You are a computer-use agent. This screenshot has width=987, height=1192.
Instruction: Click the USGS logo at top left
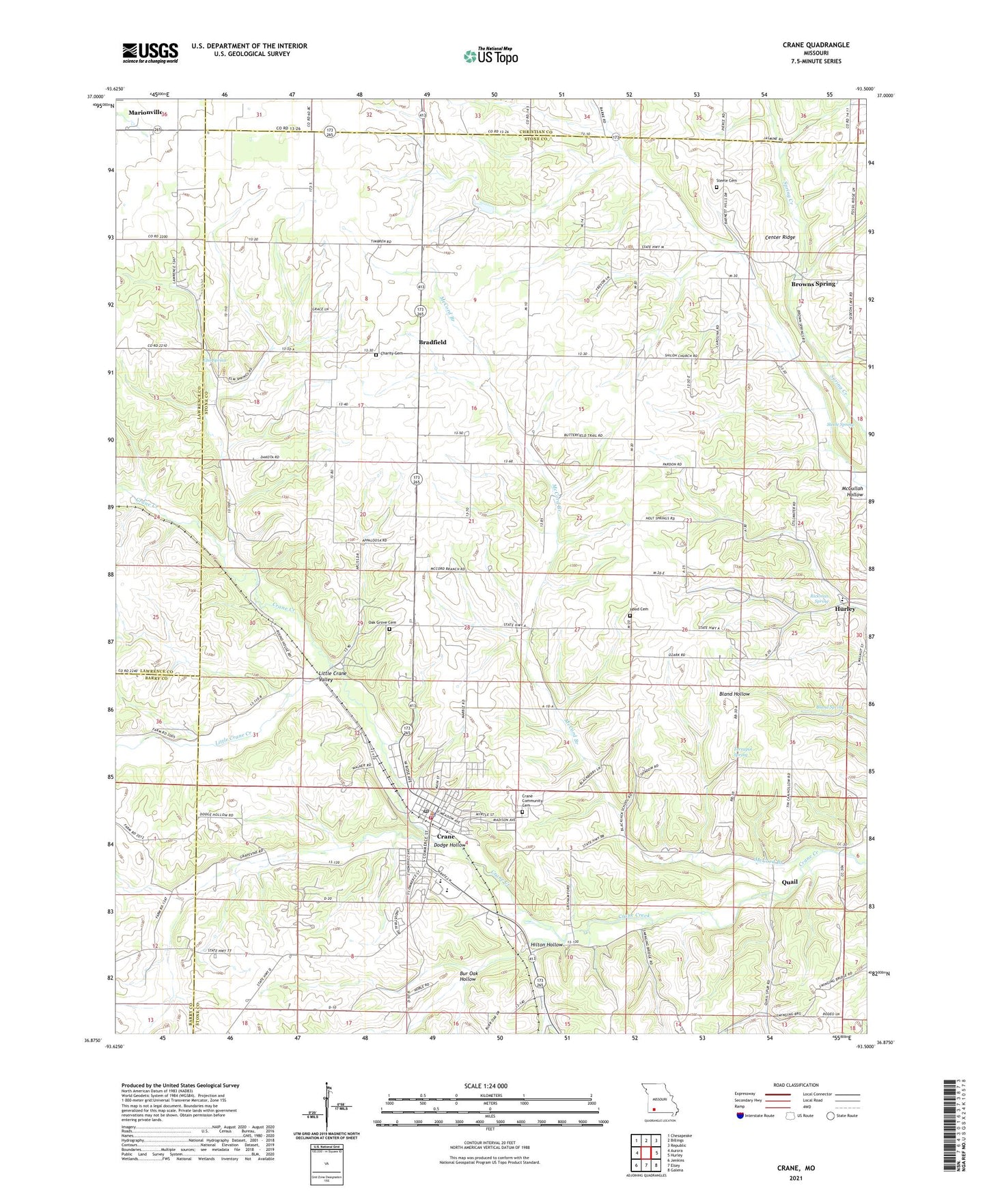pyautogui.click(x=150, y=53)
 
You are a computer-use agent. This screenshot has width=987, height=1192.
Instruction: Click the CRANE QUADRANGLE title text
pyautogui.click(x=816, y=45)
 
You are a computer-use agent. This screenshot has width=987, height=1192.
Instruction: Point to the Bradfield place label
pyautogui.click(x=432, y=342)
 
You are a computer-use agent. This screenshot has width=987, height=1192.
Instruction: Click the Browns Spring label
pyautogui.click(x=813, y=284)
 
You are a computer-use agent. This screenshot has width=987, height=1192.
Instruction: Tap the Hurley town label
pyautogui.click(x=846, y=609)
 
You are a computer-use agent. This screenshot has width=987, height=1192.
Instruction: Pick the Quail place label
pyautogui.click(x=790, y=882)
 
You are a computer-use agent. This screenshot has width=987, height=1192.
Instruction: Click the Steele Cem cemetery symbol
pyautogui.click(x=717, y=187)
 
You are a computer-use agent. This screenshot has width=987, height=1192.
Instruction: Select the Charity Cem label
pyautogui.click(x=392, y=354)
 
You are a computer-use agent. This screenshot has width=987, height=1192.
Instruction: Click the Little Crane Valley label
pyautogui.click(x=333, y=677)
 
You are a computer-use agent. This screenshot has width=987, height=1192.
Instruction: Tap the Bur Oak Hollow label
pyautogui.click(x=467, y=976)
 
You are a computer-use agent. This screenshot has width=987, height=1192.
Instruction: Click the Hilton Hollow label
pyautogui.click(x=546, y=945)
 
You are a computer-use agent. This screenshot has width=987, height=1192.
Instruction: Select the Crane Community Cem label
pyautogui.click(x=532, y=800)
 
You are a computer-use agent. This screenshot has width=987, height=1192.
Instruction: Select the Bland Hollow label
pyautogui.click(x=734, y=694)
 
